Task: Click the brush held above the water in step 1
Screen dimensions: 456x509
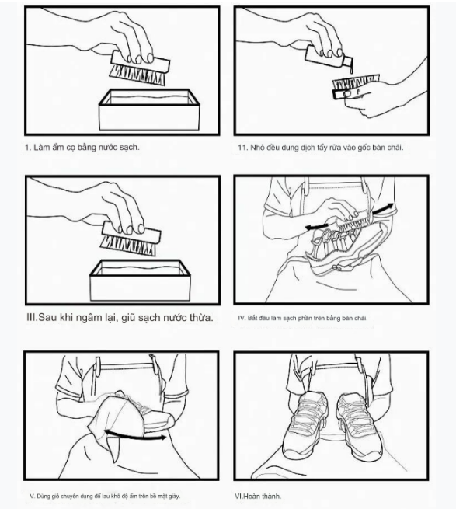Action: click(x=140, y=68)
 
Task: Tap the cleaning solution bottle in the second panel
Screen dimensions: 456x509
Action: click(x=329, y=58)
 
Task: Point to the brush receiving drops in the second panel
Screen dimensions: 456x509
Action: click(x=356, y=86)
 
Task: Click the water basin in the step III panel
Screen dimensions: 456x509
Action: click(x=140, y=281)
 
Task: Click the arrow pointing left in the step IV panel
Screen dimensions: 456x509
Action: click(x=316, y=226)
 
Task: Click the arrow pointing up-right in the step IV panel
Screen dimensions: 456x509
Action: click(x=383, y=209)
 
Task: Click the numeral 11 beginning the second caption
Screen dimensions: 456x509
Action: click(x=242, y=148)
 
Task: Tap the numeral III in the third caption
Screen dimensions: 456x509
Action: click(x=32, y=318)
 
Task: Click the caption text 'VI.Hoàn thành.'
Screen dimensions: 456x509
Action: click(x=258, y=496)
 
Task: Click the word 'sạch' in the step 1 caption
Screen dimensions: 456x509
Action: click(x=128, y=148)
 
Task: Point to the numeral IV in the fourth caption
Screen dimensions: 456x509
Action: click(x=242, y=318)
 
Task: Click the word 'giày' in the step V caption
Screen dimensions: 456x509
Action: click(x=173, y=496)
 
